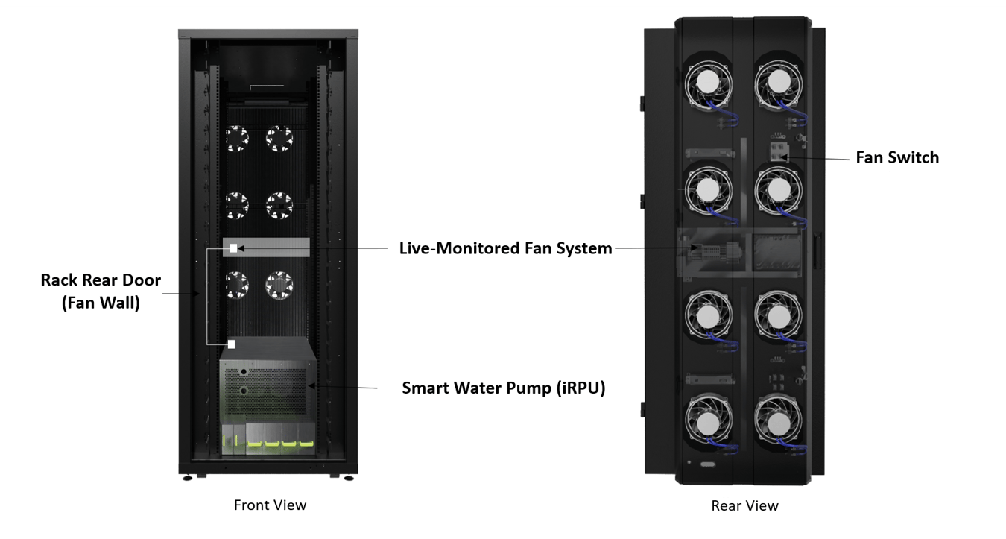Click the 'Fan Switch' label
896,157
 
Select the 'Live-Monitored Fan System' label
505,248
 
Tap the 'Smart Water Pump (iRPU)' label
503,388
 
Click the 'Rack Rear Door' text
101,280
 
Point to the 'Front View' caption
270,505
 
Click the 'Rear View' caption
744,505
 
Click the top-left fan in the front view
237,138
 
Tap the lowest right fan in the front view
279,284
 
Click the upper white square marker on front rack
233,248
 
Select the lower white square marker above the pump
231,344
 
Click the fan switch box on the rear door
779,152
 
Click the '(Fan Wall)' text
101,303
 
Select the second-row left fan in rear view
708,189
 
